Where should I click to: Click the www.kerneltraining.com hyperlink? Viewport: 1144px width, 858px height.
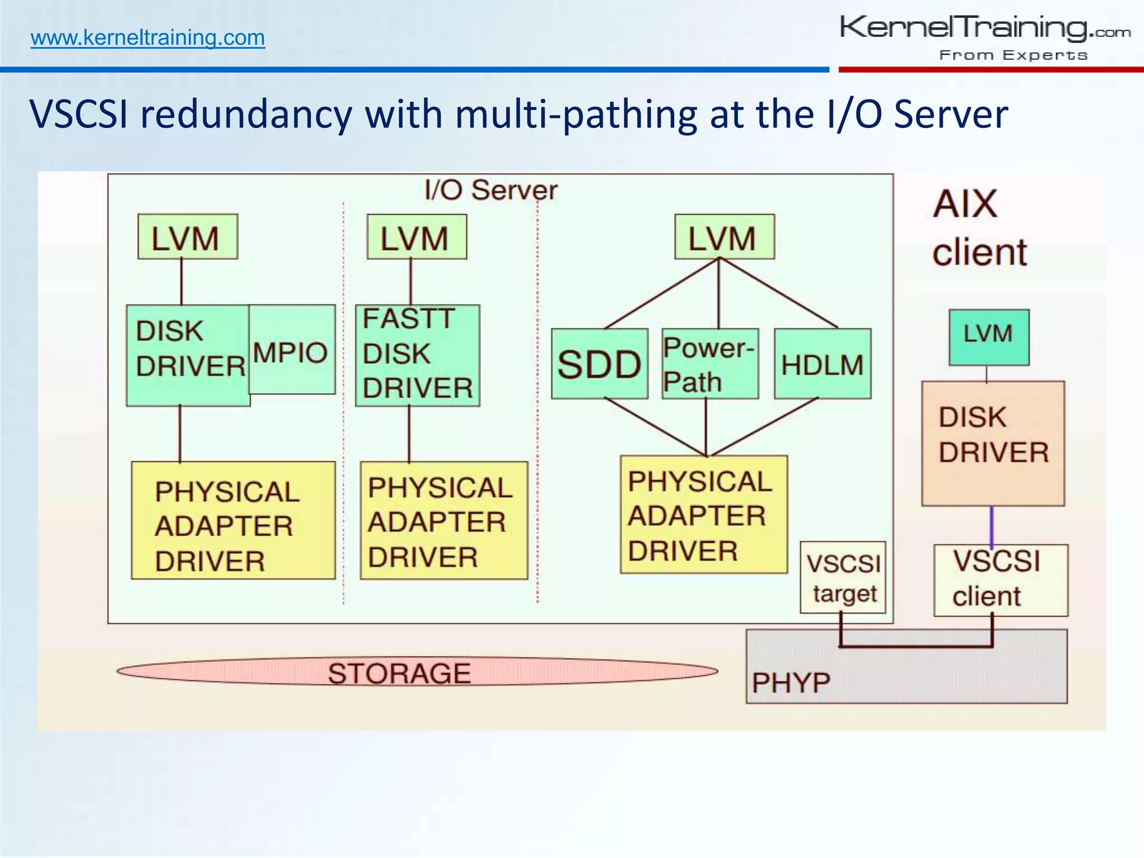(147, 38)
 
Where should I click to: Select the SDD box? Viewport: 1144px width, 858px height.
(599, 364)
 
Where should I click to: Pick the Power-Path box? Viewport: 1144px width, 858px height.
(710, 364)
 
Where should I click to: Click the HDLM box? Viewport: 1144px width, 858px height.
(822, 364)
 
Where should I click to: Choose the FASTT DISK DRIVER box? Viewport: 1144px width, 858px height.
(417, 355)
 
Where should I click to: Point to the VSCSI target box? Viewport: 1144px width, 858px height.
(843, 578)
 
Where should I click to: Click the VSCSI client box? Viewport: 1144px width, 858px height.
(1000, 580)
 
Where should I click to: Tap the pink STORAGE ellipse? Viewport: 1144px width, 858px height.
(416, 671)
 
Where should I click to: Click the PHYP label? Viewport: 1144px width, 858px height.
(791, 683)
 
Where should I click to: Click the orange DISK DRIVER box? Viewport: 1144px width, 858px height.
(993, 443)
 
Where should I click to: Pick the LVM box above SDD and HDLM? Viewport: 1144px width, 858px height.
(724, 237)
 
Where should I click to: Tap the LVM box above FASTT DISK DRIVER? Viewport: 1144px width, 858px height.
(416, 237)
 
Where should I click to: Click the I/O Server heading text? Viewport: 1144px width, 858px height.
(490, 190)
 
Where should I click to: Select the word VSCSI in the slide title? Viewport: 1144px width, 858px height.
(79, 114)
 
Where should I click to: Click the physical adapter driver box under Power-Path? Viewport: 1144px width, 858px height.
(703, 514)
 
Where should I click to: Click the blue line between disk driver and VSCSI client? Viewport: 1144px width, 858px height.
(992, 526)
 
